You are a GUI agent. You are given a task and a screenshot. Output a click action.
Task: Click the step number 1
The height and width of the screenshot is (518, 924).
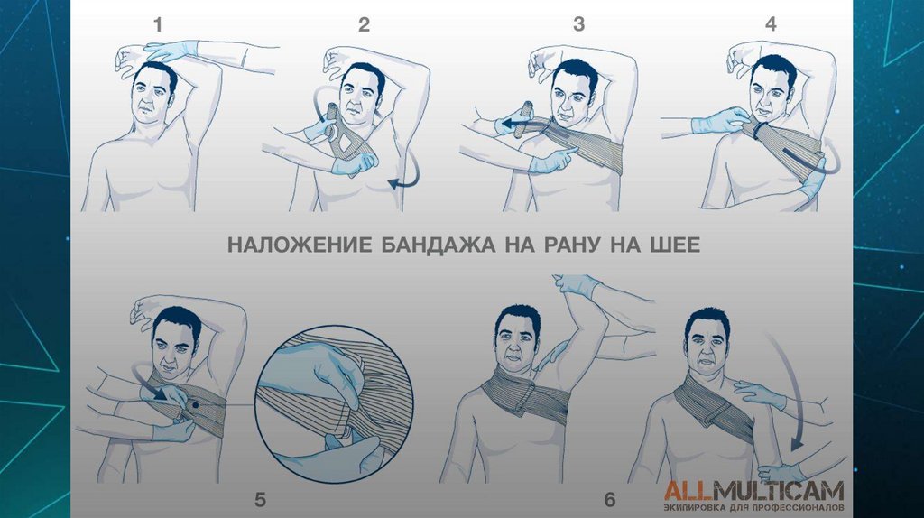click(x=157, y=24)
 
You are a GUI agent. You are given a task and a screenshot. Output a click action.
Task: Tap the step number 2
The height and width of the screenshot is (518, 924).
click(x=364, y=24)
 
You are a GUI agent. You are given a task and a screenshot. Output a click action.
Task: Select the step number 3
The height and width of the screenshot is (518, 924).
click(x=578, y=24)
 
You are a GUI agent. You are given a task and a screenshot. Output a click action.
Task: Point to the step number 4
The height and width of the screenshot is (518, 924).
click(x=771, y=24)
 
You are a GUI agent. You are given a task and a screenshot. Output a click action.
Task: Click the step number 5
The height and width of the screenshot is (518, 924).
click(x=260, y=500)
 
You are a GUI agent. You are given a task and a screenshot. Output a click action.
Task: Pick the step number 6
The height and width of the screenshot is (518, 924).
click(x=610, y=500)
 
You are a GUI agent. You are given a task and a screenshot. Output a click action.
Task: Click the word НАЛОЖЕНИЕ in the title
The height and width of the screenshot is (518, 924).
click(x=300, y=245)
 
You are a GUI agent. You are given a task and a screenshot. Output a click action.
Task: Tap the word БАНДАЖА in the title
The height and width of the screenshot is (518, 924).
click(x=438, y=245)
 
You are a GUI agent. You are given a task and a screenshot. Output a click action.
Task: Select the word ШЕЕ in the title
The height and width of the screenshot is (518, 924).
click(x=672, y=245)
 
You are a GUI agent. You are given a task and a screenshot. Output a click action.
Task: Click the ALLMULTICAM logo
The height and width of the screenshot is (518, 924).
click(x=753, y=491)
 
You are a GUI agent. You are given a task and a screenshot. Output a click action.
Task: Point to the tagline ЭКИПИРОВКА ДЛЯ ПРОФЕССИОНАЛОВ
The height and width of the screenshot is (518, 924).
click(x=753, y=507)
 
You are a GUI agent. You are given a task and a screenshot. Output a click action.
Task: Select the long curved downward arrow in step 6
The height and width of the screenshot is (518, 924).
click(x=790, y=389)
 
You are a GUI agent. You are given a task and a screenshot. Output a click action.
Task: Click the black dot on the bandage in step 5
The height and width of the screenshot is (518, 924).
click(x=194, y=405)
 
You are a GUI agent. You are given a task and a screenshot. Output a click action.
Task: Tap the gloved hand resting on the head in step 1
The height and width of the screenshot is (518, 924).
click(x=171, y=51)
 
